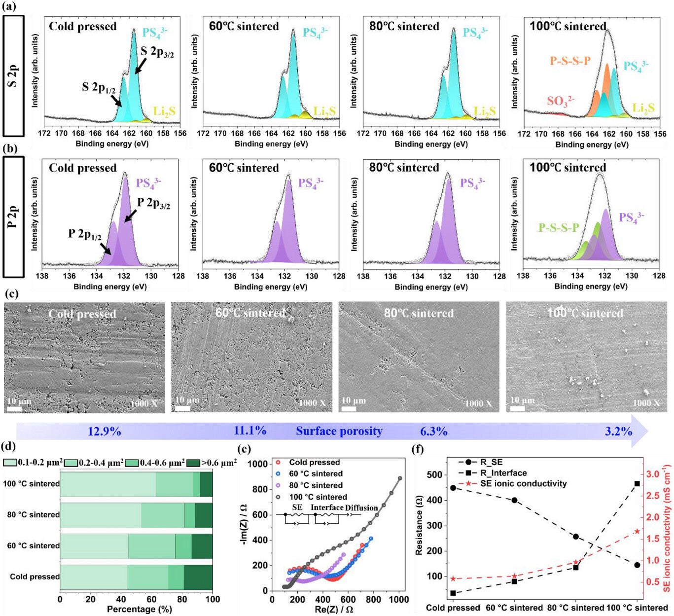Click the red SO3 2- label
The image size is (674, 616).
(x=561, y=101)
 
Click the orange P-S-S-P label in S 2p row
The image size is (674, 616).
(x=570, y=62)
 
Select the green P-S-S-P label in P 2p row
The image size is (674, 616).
(x=559, y=228)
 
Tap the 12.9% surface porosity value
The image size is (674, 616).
(x=105, y=432)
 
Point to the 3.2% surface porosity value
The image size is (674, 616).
(x=618, y=432)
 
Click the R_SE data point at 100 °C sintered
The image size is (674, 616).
(x=637, y=565)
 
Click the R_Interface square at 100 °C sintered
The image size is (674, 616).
(x=637, y=484)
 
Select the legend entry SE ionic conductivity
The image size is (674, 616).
(x=523, y=484)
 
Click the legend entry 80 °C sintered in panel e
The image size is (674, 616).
(x=316, y=485)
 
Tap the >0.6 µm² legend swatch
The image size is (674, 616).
(x=193, y=463)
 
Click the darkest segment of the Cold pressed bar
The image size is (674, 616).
(x=198, y=577)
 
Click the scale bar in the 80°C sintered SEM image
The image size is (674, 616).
(x=349, y=409)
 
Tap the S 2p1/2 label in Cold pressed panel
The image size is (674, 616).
(x=99, y=88)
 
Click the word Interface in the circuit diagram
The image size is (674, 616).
(x=327, y=507)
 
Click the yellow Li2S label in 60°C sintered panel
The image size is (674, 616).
(x=324, y=111)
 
